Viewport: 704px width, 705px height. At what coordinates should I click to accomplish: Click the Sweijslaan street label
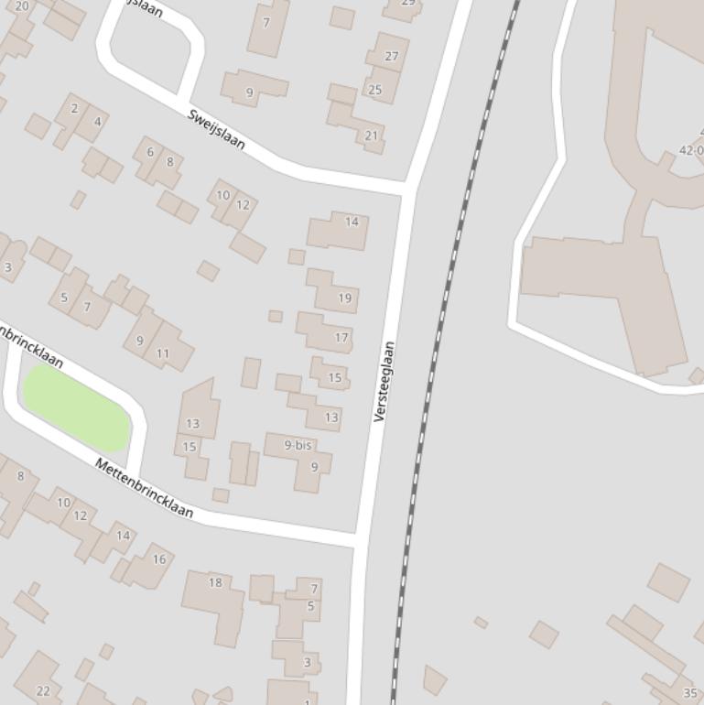click(x=217, y=130)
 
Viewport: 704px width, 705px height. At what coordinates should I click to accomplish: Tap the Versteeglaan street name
click(x=384, y=381)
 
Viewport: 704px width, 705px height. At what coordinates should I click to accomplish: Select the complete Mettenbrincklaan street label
click(x=145, y=488)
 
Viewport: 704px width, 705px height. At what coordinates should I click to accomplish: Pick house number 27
click(x=392, y=56)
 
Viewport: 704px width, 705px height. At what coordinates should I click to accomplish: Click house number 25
click(x=374, y=90)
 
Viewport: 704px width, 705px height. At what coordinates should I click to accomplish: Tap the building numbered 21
click(x=371, y=136)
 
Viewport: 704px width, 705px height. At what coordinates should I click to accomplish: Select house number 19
click(x=345, y=298)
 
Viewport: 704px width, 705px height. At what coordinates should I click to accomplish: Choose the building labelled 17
click(x=341, y=338)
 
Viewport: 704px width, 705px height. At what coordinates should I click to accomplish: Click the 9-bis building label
click(x=298, y=445)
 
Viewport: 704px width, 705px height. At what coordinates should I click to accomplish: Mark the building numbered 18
click(x=215, y=582)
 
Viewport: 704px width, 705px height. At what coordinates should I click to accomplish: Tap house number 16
click(x=159, y=559)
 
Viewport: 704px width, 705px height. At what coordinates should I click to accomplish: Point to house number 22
click(x=43, y=690)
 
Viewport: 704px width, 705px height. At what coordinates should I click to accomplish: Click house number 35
click(x=690, y=693)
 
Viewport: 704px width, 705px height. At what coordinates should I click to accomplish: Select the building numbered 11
click(x=163, y=353)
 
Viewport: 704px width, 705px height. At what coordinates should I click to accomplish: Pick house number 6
click(x=150, y=152)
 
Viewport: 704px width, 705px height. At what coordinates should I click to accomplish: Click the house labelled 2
click(x=74, y=108)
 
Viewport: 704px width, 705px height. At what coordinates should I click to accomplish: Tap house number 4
click(x=97, y=121)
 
